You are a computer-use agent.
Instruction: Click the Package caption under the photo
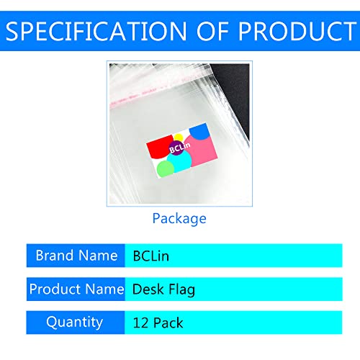tap(179, 218)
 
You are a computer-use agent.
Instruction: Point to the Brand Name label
tap(76, 256)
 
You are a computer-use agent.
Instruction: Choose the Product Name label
tap(76, 289)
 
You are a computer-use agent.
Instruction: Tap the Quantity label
tap(76, 323)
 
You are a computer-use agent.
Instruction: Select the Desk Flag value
tap(163, 289)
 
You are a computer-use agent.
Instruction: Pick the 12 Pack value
tap(157, 323)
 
